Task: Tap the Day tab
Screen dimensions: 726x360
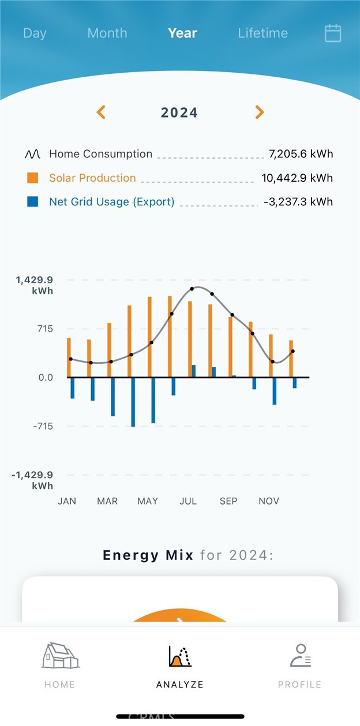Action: pos(35,33)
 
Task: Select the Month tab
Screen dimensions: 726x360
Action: pos(107,33)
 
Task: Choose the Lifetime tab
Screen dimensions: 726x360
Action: pos(262,33)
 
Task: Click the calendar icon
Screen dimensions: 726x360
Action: pos(333,33)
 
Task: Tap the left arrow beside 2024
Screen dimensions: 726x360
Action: pos(101,112)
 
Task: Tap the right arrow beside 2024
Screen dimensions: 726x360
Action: pos(260,112)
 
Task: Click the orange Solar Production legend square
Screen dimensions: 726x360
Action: pos(32,178)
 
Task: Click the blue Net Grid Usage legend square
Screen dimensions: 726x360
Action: pos(32,202)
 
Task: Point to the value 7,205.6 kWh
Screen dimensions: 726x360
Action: pos(301,154)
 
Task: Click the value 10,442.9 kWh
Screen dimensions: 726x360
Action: pos(297,178)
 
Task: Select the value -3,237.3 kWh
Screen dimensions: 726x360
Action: pos(298,202)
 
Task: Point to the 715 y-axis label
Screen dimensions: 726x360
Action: pos(44,329)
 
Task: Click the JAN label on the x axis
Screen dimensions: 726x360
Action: pos(67,501)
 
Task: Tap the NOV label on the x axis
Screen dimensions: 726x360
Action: pos(269,501)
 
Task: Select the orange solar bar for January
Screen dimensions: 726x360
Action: pos(69,358)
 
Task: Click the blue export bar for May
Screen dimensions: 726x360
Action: pos(153,400)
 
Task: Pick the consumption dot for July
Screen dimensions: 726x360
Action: pos(192,289)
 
